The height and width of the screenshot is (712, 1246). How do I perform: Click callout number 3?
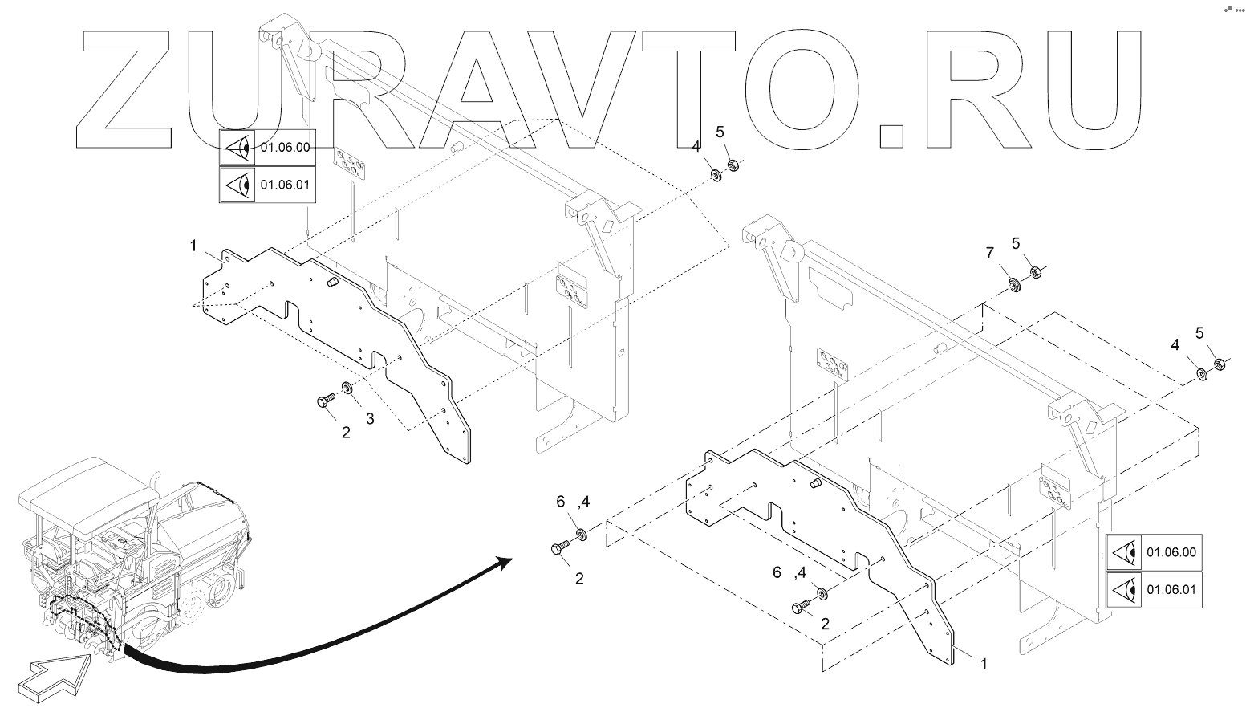click(370, 418)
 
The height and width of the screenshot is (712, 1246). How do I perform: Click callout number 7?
click(989, 254)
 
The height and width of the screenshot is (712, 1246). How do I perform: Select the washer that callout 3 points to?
click(347, 389)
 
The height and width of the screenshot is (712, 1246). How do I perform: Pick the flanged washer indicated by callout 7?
click(1014, 283)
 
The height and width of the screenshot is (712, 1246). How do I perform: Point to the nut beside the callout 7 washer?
click(1035, 273)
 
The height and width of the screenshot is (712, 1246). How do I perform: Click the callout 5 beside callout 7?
click(1016, 243)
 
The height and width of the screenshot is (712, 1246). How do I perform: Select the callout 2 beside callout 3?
click(346, 433)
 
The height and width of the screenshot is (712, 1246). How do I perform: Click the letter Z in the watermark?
click(128, 90)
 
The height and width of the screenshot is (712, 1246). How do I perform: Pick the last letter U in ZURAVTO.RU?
click(1083, 90)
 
